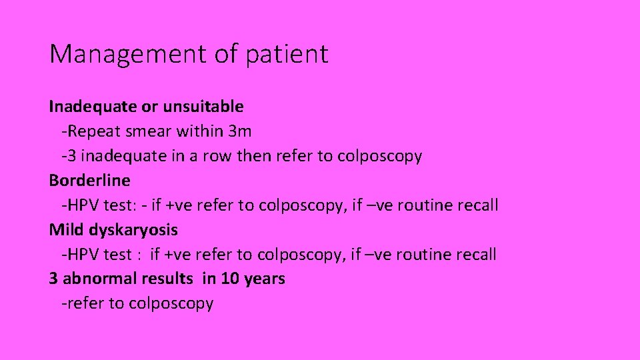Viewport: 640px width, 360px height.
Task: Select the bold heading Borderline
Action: pyautogui.click(x=89, y=181)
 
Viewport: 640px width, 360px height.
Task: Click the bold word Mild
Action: pyautogui.click(x=65, y=230)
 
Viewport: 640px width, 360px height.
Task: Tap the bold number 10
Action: pyautogui.click(x=230, y=279)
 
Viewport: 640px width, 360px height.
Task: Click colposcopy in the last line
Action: pyautogui.click(x=171, y=304)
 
